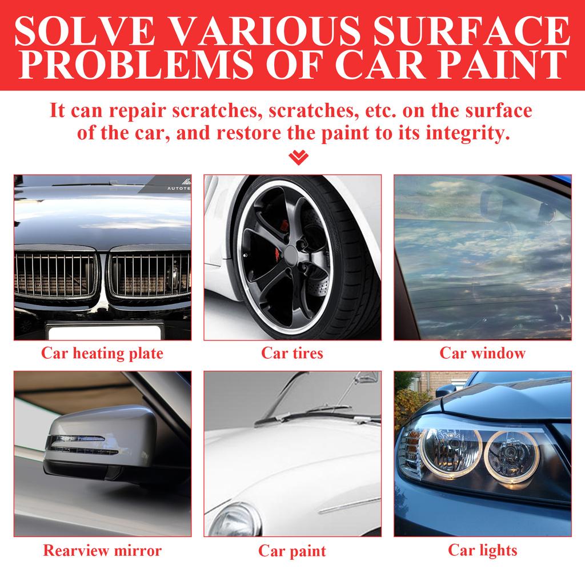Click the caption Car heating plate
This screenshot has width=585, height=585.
[x=102, y=353]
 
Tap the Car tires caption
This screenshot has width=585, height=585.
[x=292, y=353]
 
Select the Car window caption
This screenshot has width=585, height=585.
[x=482, y=353]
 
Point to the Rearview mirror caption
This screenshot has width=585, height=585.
[x=102, y=551]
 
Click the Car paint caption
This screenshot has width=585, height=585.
[x=292, y=551]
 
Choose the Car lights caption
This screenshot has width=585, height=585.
[x=482, y=550]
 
